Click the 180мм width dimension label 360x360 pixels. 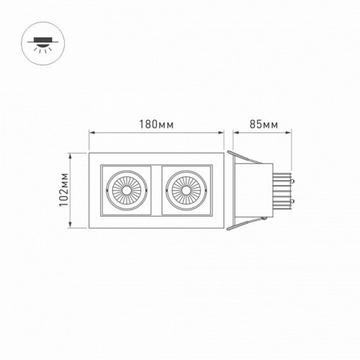coord(156,124)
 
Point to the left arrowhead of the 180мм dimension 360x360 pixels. coord(91,132)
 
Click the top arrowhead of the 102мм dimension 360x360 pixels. coord(71,154)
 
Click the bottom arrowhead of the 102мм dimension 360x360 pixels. coord(71,226)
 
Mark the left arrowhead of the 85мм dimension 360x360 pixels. coord(228,132)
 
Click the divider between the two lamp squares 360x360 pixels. coord(156,191)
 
